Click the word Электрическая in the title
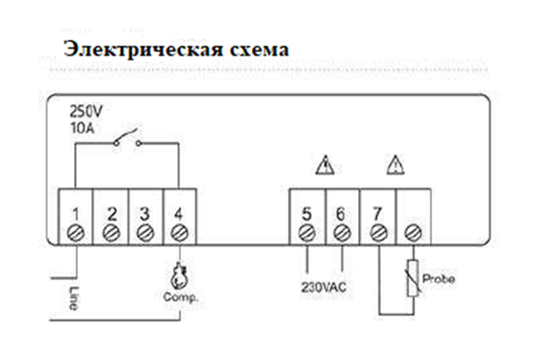pyautogui.click(x=143, y=49)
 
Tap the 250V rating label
pyautogui.click(x=87, y=112)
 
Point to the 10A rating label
pyautogui.click(x=82, y=127)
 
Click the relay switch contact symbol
pyautogui.click(x=127, y=138)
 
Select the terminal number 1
pyautogui.click(x=76, y=214)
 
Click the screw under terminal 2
pyautogui.click(x=111, y=233)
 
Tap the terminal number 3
pyautogui.click(x=145, y=214)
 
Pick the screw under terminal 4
pyautogui.click(x=179, y=233)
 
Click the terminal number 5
pyautogui.click(x=307, y=214)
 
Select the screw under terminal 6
pyautogui.click(x=342, y=233)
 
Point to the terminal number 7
pyautogui.click(x=378, y=214)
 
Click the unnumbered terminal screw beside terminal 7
pyautogui.click(x=414, y=233)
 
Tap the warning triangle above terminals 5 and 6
pyautogui.click(x=325, y=165)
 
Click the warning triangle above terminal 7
pyautogui.click(x=395, y=165)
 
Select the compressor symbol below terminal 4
pyautogui.click(x=179, y=276)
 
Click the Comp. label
pyautogui.click(x=181, y=298)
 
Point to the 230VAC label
pyautogui.click(x=323, y=287)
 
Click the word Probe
pyautogui.click(x=438, y=278)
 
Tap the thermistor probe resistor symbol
pyautogui.click(x=413, y=278)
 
